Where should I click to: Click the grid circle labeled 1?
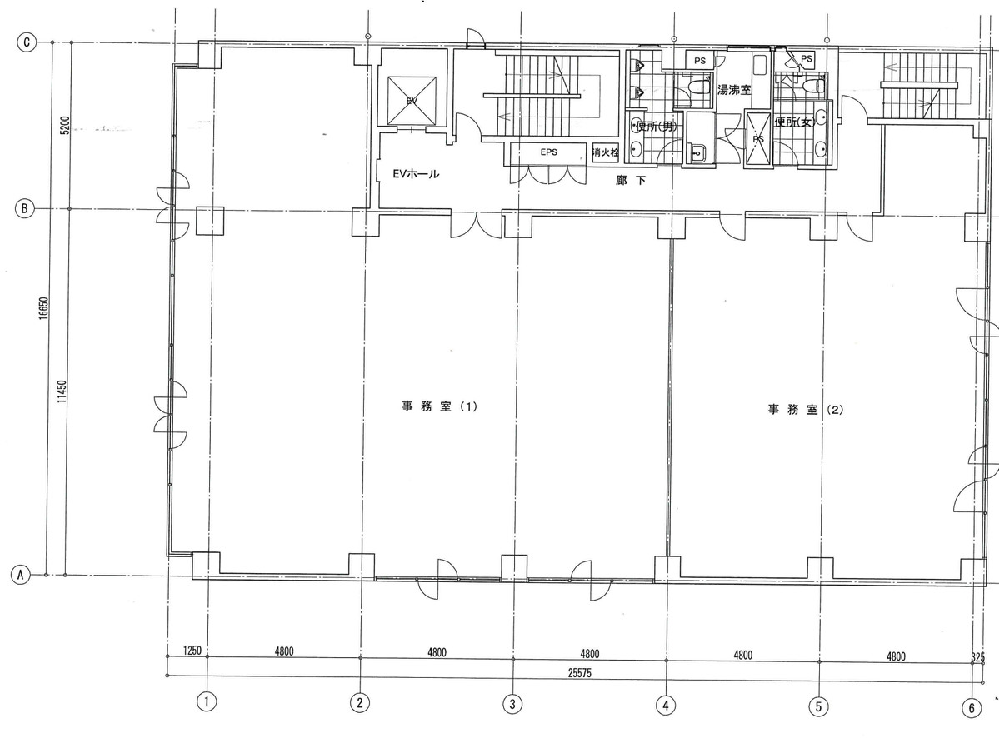pyautogui.click(x=207, y=702)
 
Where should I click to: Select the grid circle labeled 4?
pyautogui.click(x=665, y=705)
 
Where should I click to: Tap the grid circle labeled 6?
pyautogui.click(x=971, y=708)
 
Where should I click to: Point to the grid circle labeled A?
pyautogui.click(x=19, y=574)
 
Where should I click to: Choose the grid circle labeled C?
pyautogui.click(x=27, y=42)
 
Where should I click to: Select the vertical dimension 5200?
pyautogui.click(x=63, y=127)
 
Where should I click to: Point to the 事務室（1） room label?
pyautogui.click(x=438, y=407)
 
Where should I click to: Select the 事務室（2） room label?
pyautogui.click(x=806, y=409)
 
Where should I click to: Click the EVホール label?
pyautogui.click(x=416, y=175)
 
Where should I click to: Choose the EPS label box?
pyautogui.click(x=548, y=152)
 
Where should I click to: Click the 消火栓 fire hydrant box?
pyautogui.click(x=605, y=152)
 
